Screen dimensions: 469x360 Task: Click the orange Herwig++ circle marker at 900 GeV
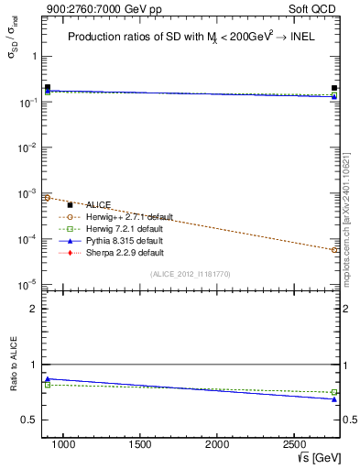pyautogui.click(x=48, y=197)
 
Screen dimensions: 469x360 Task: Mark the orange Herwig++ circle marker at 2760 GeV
pyautogui.click(x=334, y=249)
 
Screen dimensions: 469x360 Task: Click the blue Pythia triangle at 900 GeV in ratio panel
pyautogui.click(x=48, y=378)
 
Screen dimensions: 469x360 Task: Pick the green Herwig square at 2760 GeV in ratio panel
pyautogui.click(x=334, y=392)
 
